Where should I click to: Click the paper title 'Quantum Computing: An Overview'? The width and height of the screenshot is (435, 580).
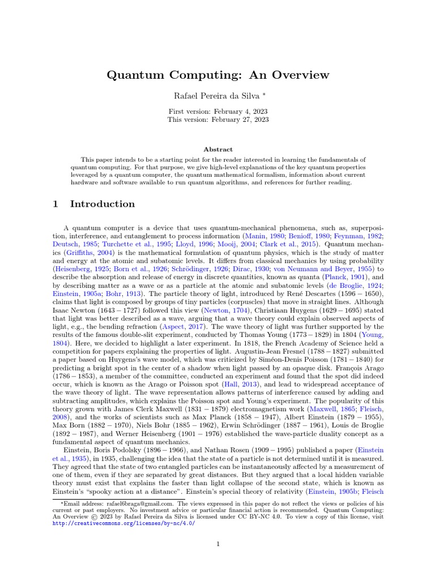pos(217,75)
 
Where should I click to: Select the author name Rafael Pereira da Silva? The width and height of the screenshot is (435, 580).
pos(215,96)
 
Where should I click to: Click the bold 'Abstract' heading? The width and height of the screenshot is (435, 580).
pos(217,150)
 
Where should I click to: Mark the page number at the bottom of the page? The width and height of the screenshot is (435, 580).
pos(217,545)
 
